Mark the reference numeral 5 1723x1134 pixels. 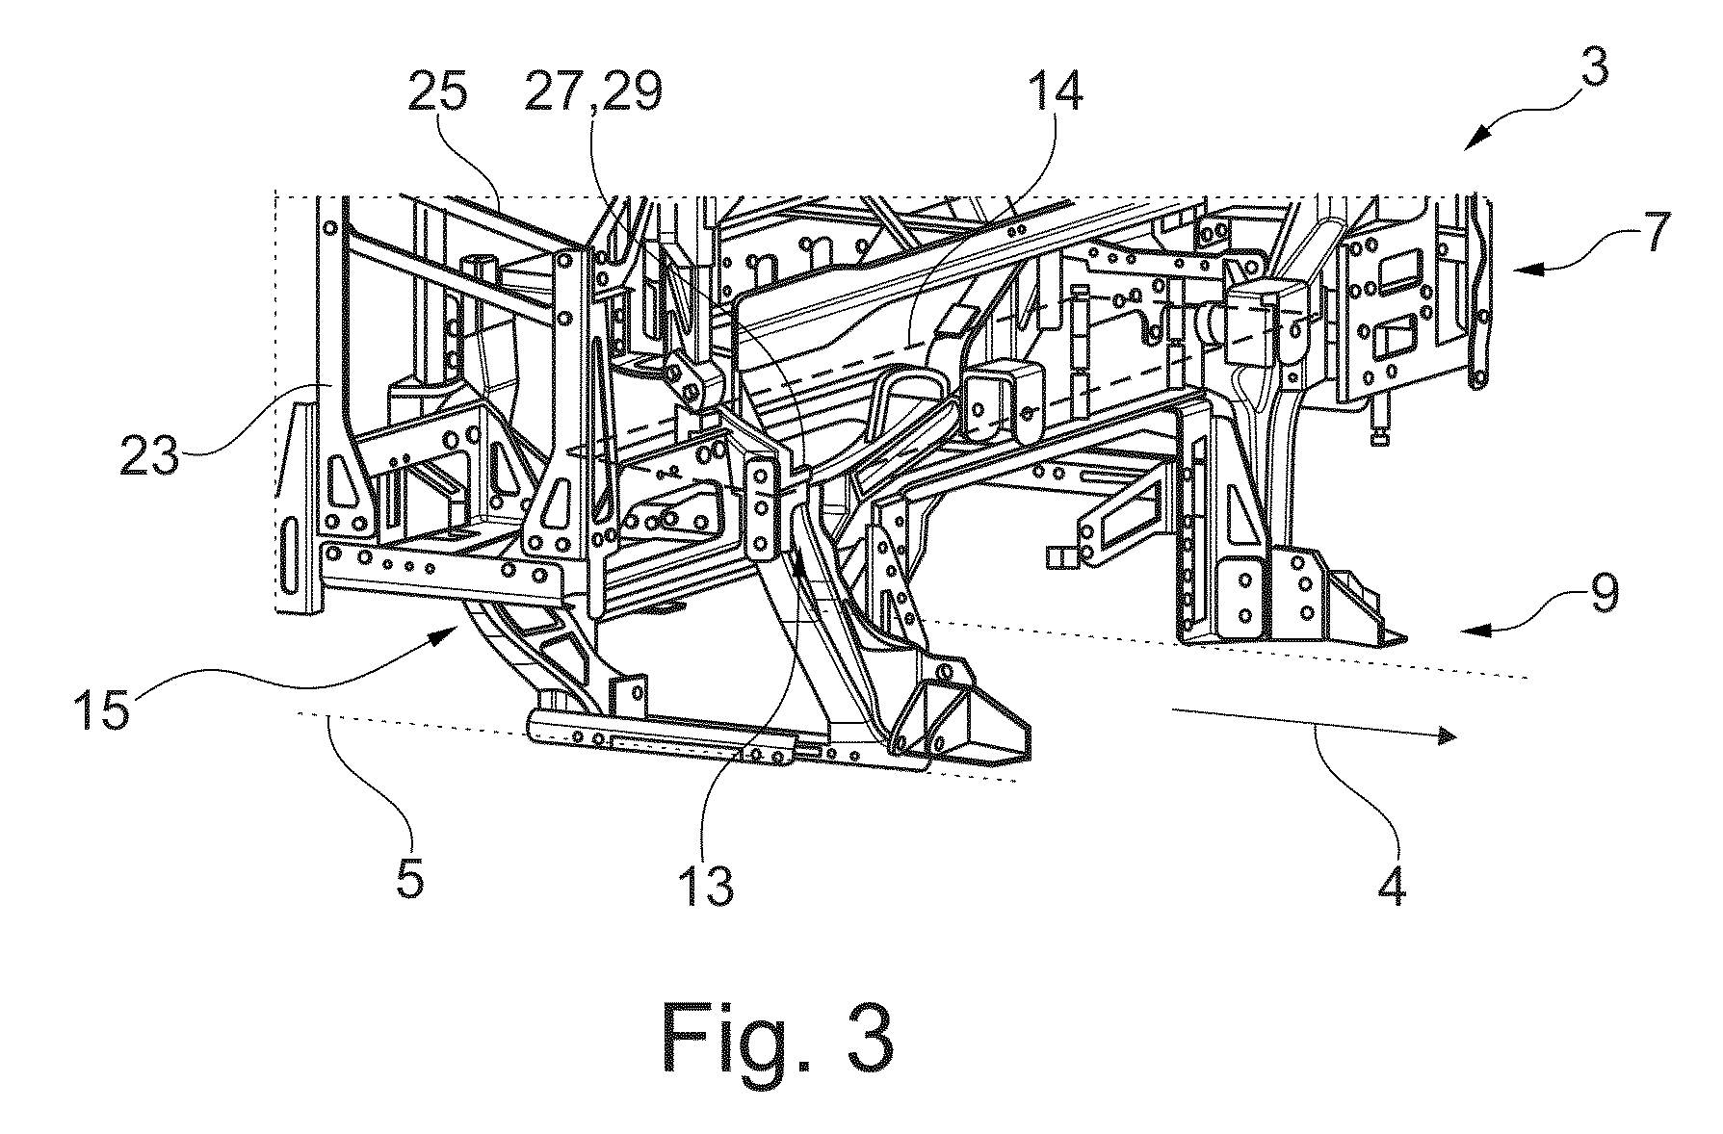(411, 878)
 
